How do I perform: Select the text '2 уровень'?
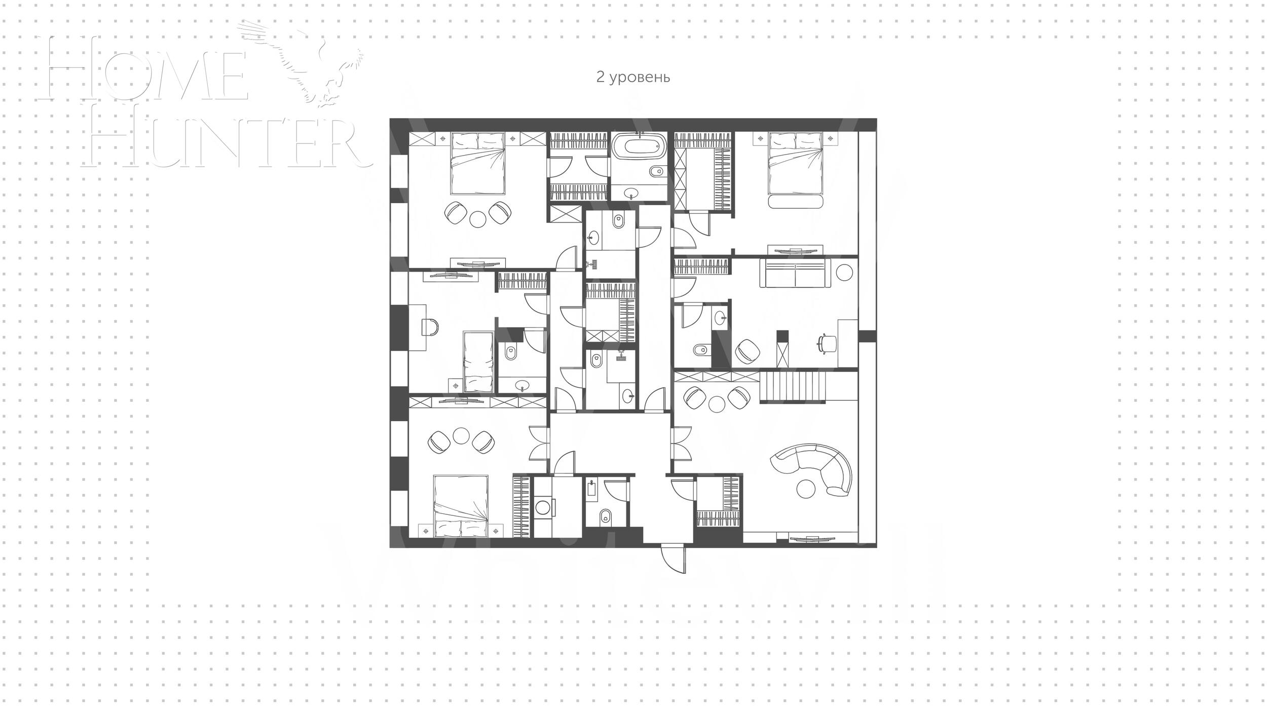633,77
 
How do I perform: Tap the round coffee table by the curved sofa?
806,489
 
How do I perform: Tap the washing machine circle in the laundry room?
544,508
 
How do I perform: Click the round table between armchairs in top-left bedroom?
478,218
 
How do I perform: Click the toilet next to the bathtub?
656,171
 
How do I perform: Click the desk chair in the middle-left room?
430,327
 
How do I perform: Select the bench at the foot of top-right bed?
796,202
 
